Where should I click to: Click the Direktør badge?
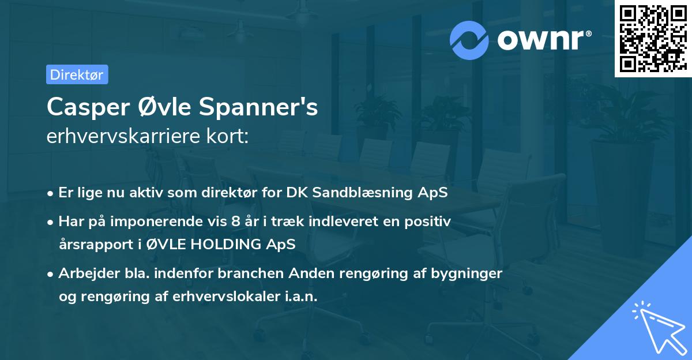(77, 74)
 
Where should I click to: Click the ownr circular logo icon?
(469, 40)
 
